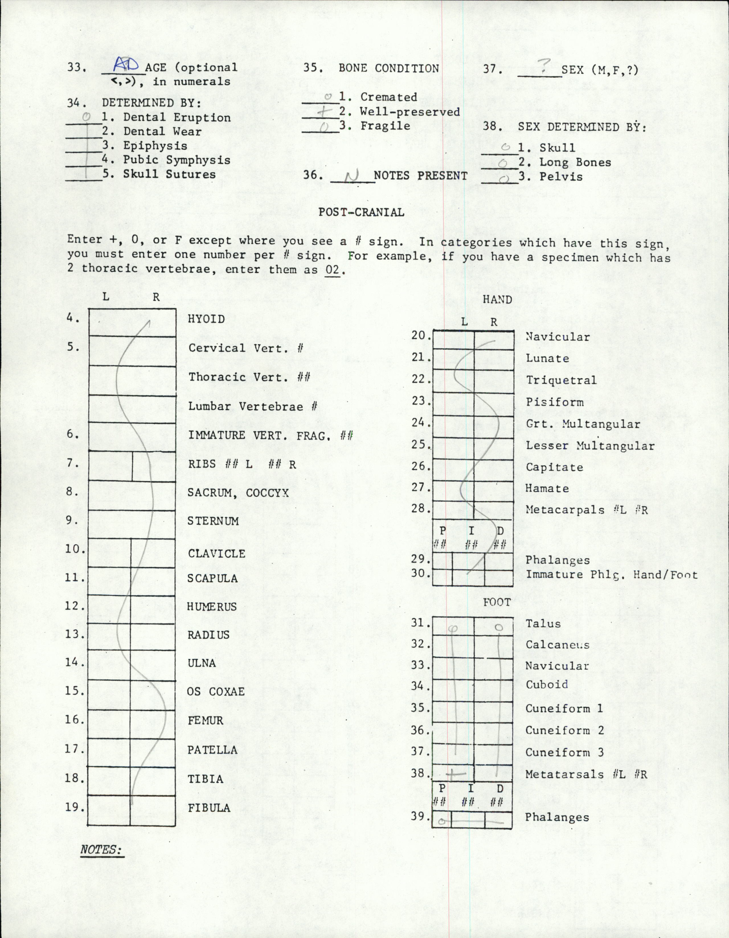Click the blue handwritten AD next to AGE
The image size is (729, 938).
pos(126,65)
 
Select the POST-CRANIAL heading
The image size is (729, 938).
pos(361,212)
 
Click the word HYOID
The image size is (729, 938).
pos(206,319)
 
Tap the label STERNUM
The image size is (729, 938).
pos(212,521)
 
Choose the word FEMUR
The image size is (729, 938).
pos(205,720)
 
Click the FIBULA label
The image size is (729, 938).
pos(209,808)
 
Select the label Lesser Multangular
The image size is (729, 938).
pos(590,446)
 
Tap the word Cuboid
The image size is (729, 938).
pos(546,684)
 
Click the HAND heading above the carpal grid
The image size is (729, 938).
pos(497,299)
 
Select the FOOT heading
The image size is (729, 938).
pos(497,602)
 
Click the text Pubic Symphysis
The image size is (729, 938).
pos(177,160)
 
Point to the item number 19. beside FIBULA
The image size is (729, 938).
pos(74,807)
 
